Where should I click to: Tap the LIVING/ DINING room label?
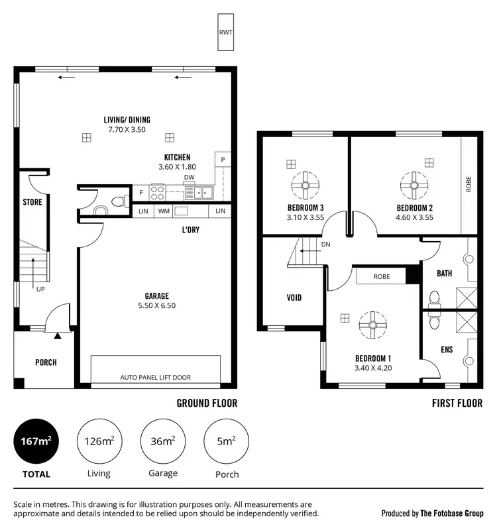[127, 125]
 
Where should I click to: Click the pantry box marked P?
[223, 160]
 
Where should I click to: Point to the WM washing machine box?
[163, 211]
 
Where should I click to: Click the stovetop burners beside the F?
[158, 192]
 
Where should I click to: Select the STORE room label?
[32, 201]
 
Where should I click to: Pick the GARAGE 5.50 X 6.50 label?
[156, 301]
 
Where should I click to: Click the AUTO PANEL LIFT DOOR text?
[155, 377]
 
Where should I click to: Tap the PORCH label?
[46, 362]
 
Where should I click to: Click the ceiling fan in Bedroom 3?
[305, 186]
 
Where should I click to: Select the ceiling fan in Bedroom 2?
[414, 186]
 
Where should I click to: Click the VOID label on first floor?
[294, 297]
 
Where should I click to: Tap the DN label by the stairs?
[325, 244]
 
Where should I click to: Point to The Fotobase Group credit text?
[432, 513]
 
